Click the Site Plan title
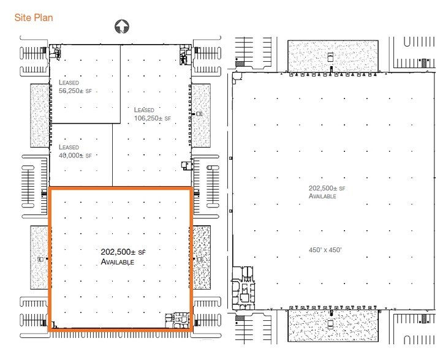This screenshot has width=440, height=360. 34,18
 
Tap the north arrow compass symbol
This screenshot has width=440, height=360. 122,26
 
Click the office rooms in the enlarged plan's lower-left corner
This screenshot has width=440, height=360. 243,287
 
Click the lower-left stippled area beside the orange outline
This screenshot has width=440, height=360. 39,258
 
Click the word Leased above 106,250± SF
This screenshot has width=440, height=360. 145,110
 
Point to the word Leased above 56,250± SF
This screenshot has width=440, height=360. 69,81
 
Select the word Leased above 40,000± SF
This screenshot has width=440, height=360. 69,148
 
